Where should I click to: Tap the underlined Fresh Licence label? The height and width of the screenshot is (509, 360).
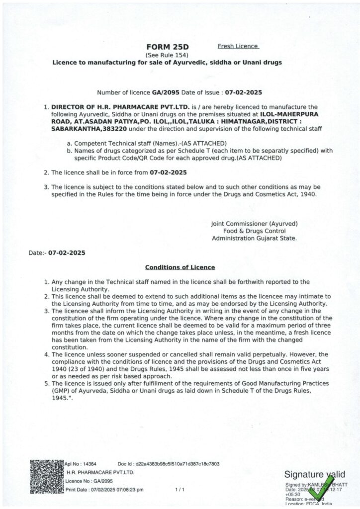click(238, 46)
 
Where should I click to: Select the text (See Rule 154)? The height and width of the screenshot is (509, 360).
click(167, 55)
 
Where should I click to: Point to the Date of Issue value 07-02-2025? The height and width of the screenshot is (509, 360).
click(243, 93)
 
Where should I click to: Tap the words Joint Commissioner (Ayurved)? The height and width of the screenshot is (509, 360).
click(254, 224)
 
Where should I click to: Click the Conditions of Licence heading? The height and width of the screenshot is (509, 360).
click(180, 267)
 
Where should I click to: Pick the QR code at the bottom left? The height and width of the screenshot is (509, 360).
click(47, 476)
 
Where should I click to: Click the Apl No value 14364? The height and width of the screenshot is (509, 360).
click(90, 464)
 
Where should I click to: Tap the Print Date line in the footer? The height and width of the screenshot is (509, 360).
click(104, 490)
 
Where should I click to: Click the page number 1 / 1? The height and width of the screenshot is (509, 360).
click(180, 490)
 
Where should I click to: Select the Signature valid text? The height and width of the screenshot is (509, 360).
click(314, 475)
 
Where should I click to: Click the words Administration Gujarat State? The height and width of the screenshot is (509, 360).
click(254, 238)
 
